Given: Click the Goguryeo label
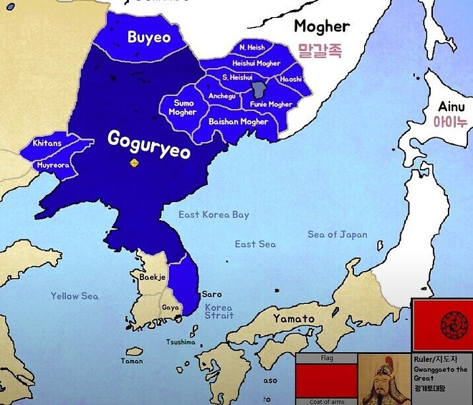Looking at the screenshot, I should click(148, 142).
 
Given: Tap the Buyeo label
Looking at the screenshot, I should click(149, 37).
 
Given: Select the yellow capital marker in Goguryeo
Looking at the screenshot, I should click(133, 164).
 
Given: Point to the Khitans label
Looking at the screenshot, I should click(47, 143).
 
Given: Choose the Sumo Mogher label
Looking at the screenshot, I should click(182, 108).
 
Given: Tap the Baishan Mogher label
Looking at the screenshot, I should click(239, 122).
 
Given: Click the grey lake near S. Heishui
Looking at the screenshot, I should click(259, 90).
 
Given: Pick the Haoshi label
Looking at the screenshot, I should click(291, 80).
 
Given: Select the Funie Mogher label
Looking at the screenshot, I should click(271, 105).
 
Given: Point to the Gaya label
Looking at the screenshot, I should click(171, 308).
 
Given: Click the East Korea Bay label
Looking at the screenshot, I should click(214, 215).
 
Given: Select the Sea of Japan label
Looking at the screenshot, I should click(337, 234).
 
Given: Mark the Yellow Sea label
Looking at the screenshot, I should click(75, 296).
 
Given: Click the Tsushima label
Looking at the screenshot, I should click(180, 342).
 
